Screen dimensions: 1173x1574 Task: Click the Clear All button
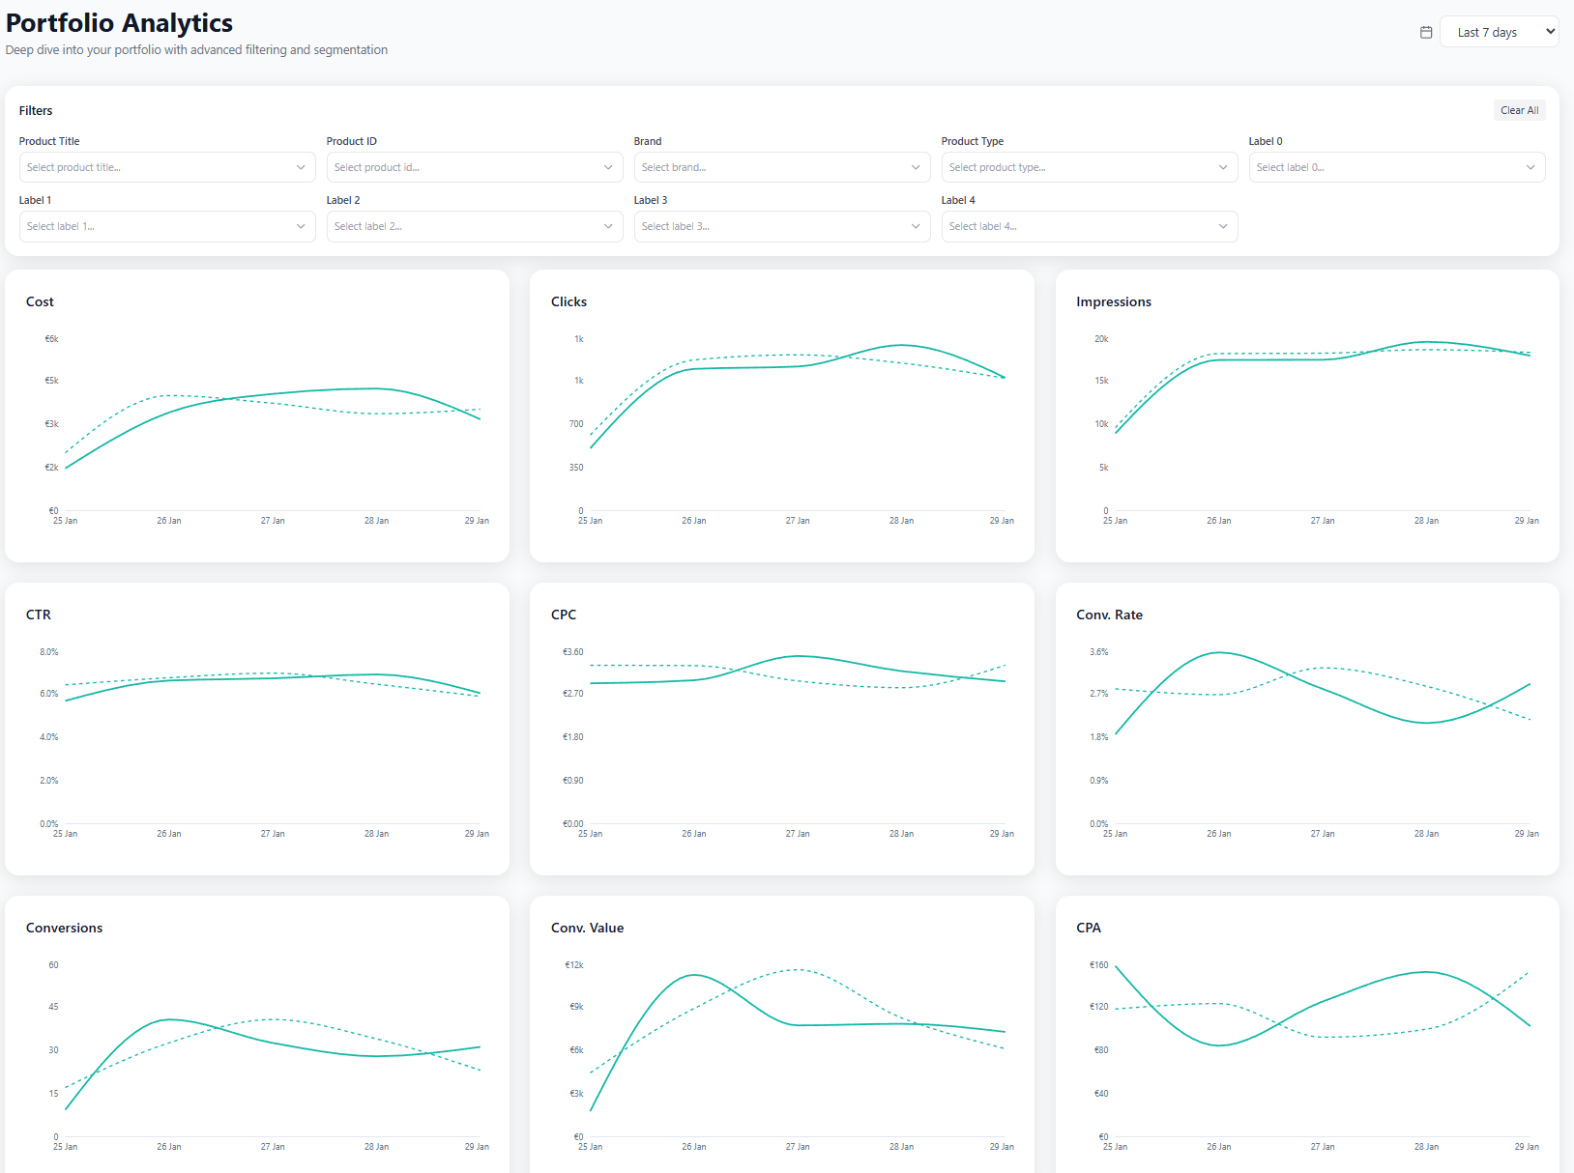pyautogui.click(x=1519, y=110)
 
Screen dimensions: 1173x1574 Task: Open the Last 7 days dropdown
pyautogui.click(x=1499, y=32)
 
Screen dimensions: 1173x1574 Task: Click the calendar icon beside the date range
pyautogui.click(x=1426, y=32)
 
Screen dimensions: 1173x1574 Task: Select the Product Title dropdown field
pyautogui.click(x=166, y=167)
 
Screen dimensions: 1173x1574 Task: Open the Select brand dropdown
pyautogui.click(x=781, y=167)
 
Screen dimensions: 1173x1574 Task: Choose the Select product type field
pyautogui.click(x=1089, y=167)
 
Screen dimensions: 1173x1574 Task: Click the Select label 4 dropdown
pyautogui.click(x=1089, y=226)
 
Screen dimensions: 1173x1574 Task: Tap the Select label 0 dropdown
pyautogui.click(x=1396, y=167)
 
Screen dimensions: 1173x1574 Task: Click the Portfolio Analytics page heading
pyautogui.click(x=119, y=23)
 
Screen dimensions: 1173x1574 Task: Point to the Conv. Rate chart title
pyautogui.click(x=1109, y=615)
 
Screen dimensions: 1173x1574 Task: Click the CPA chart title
pyautogui.click(x=1088, y=928)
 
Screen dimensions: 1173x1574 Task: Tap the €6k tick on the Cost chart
pyautogui.click(x=52, y=339)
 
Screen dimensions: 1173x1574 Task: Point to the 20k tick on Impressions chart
pyautogui.click(x=1101, y=339)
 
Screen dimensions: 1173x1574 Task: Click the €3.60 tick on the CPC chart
pyautogui.click(x=573, y=652)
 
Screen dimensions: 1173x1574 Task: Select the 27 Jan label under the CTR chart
pyautogui.click(x=273, y=834)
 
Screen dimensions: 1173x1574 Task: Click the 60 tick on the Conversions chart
pyautogui.click(x=53, y=965)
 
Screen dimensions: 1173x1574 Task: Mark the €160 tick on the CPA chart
pyautogui.click(x=1098, y=965)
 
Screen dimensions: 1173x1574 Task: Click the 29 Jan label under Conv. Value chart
pyautogui.click(x=1002, y=1147)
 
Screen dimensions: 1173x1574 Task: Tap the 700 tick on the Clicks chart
pyautogui.click(x=576, y=424)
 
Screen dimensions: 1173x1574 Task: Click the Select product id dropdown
pyautogui.click(x=474, y=167)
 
